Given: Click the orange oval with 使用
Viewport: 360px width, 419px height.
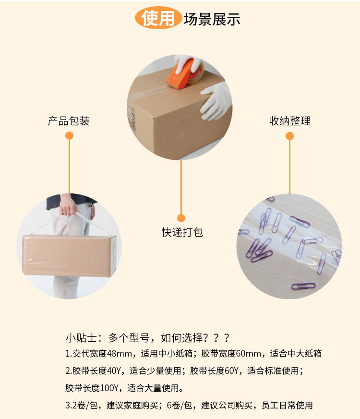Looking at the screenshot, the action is [158, 18].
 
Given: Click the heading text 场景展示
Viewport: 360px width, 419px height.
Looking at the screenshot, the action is [212, 19].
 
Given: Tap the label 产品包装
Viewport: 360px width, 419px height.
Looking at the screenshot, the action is [69, 121].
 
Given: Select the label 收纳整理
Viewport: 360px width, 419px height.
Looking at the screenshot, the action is [290, 121].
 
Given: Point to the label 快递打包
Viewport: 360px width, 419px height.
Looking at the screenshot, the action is [182, 232].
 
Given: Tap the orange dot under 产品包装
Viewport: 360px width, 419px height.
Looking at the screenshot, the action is [69, 136].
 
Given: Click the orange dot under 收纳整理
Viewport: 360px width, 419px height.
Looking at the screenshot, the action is [290, 136].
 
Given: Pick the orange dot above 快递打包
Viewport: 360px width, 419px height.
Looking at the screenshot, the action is [181, 218].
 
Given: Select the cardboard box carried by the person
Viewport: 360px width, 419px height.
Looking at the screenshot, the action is [69, 255].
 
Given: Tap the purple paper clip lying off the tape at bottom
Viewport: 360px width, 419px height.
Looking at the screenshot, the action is [303, 286].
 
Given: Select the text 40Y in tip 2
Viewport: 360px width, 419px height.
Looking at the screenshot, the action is [114, 371].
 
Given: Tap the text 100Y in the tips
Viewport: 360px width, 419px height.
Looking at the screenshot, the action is [109, 388].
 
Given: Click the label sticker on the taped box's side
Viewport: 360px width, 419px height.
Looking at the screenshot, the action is [131, 118].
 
